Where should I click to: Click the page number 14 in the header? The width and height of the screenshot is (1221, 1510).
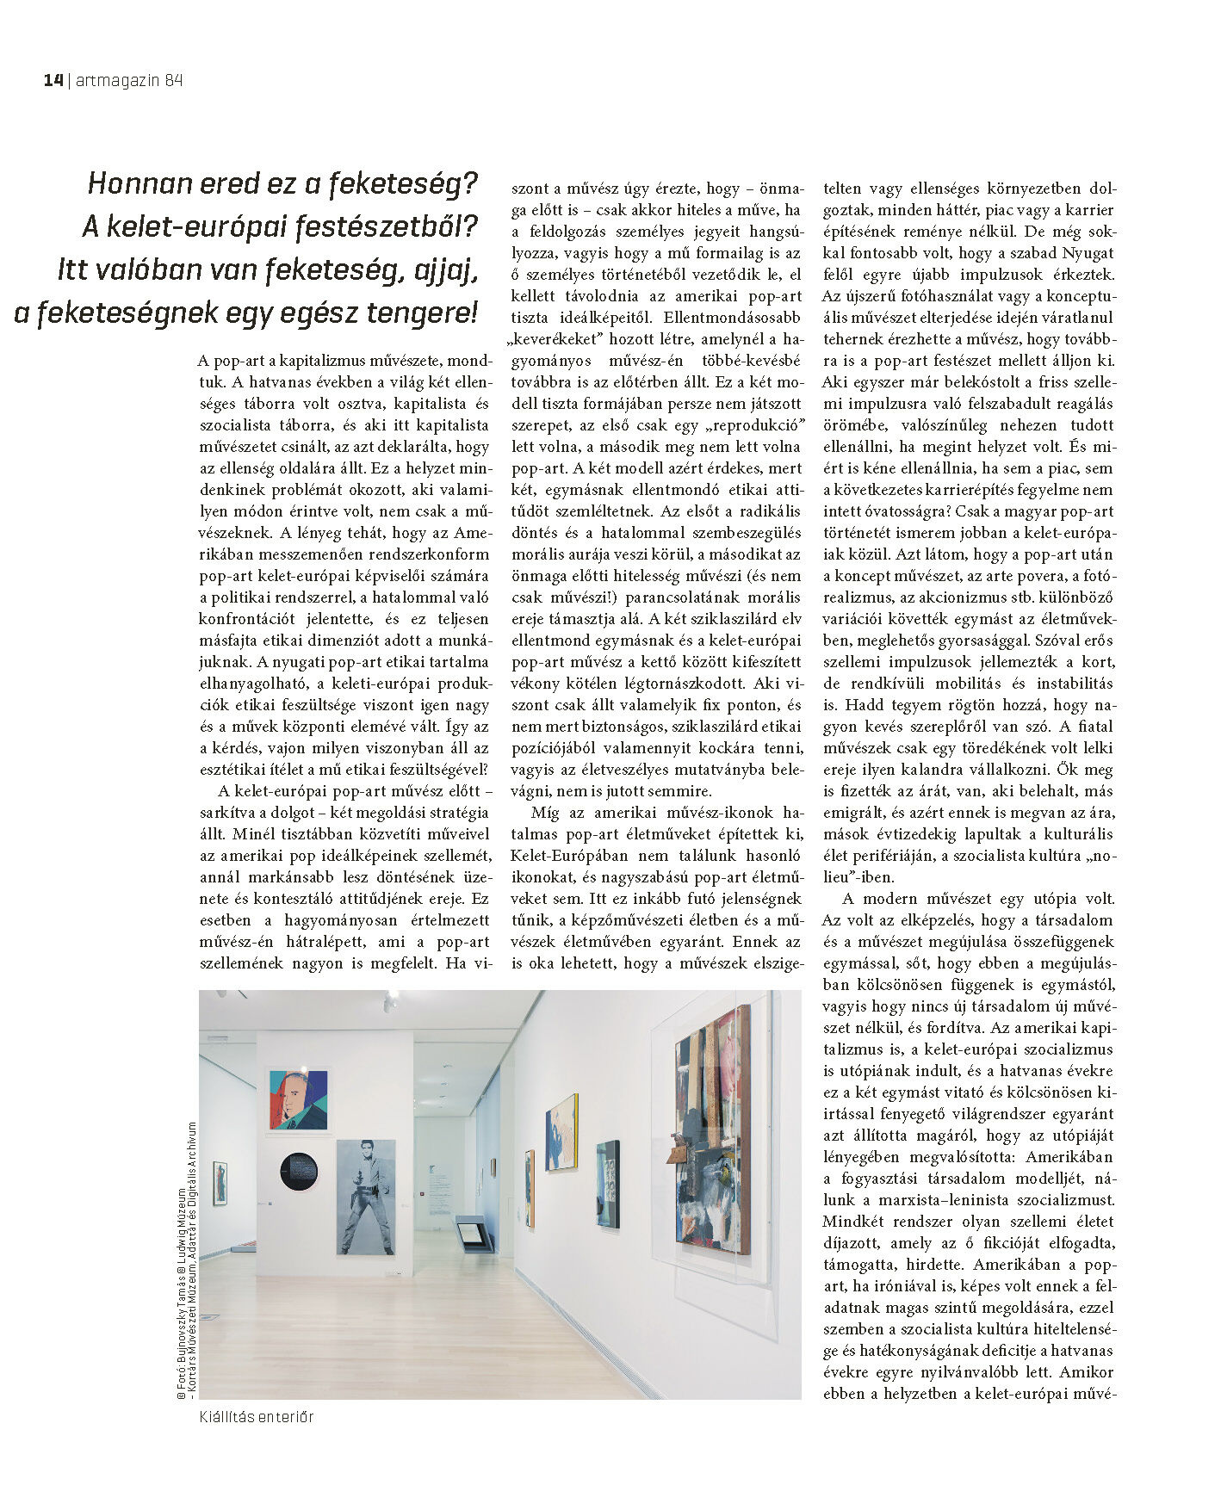coord(53,80)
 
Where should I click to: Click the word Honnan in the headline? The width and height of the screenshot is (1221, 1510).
coord(137,183)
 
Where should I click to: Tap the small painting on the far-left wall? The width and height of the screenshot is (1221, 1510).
coord(220,1187)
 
